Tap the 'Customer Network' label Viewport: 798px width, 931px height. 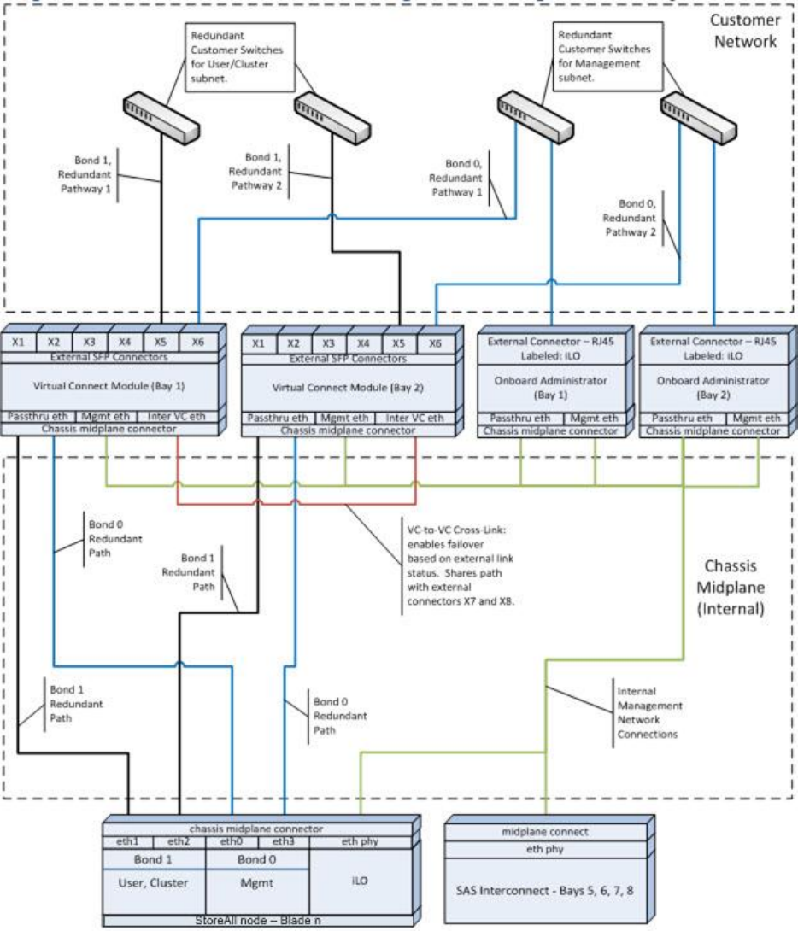[742, 30]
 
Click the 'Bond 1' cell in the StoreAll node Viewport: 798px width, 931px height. [154, 860]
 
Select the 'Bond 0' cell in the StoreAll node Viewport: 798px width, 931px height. [256, 860]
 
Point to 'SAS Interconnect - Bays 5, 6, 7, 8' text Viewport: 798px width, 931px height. [549, 891]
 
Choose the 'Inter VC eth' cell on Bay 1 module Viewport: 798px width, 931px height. [200, 417]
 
